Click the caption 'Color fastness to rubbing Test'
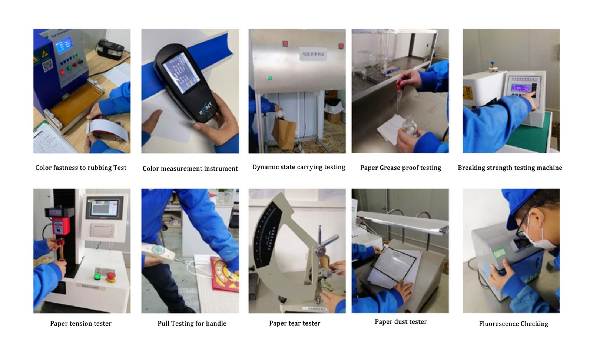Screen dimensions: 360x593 [81, 168]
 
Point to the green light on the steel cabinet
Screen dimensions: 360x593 [270, 78]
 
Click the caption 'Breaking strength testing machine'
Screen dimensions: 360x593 [510, 168]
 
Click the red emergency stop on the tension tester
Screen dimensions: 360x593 [110, 275]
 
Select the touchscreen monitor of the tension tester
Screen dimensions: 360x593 [105, 208]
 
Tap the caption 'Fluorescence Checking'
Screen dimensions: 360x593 [513, 324]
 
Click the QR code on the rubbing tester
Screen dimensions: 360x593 [47, 66]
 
